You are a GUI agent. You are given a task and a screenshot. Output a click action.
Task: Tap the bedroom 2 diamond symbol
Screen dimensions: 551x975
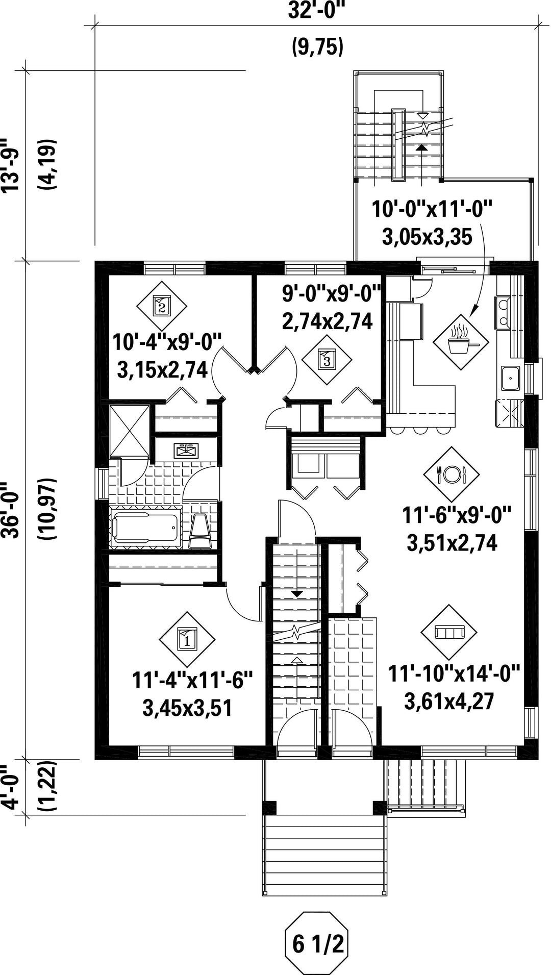pyautogui.click(x=162, y=306)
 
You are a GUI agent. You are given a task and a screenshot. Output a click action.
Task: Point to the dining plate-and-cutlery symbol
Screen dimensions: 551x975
pyautogui.click(x=451, y=474)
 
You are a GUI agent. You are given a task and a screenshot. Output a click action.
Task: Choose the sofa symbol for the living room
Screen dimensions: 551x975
pyautogui.click(x=448, y=632)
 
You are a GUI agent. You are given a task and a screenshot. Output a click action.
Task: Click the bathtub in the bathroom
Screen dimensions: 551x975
pyautogui.click(x=145, y=527)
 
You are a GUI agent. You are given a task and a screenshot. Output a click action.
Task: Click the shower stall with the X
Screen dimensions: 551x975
pyautogui.click(x=129, y=430)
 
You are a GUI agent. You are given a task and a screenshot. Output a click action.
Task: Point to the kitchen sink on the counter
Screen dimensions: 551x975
pyautogui.click(x=510, y=378)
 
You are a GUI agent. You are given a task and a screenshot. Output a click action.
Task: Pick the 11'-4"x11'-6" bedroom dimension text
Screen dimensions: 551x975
pyautogui.click(x=192, y=682)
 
